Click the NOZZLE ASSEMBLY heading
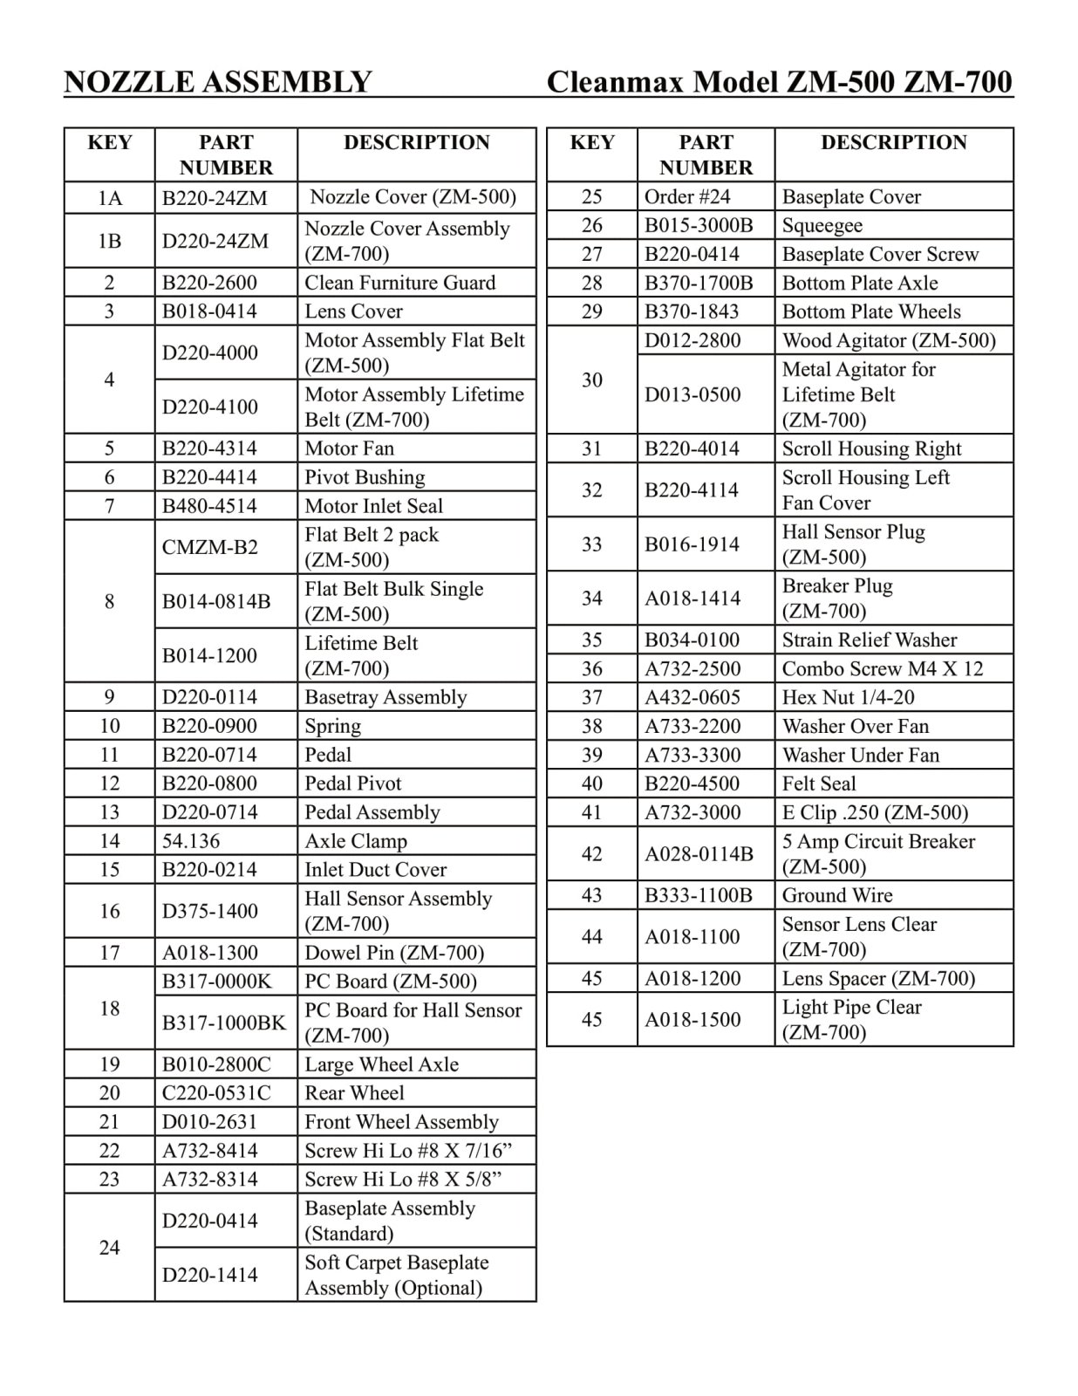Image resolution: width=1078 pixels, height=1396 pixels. coord(218,82)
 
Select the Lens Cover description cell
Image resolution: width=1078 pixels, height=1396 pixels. coord(353,311)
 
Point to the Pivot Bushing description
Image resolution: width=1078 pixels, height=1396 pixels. coord(365,477)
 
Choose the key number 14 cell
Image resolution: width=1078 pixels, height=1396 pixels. coord(109,841)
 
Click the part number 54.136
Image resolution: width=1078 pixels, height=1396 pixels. coord(191,841)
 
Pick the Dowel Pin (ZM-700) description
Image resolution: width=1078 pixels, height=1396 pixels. coord(393,953)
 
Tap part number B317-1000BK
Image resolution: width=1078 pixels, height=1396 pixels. coord(224,1023)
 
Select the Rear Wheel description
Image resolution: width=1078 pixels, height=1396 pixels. coord(354,1093)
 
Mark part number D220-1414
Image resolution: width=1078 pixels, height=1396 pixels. coord(210,1275)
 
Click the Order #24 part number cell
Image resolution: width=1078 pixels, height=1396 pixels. coord(687,197)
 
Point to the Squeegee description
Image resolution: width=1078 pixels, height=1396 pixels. coord(822,226)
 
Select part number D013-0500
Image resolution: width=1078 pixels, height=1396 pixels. coord(693,394)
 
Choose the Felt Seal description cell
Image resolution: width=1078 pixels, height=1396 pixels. coord(819,784)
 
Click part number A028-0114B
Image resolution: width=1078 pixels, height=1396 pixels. coord(699,854)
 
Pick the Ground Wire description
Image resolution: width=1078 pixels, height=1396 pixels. coord(836,895)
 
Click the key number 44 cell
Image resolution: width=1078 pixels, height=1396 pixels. coord(591,937)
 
